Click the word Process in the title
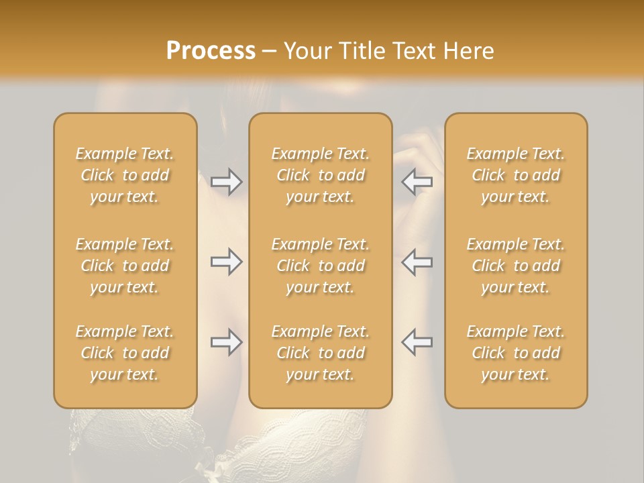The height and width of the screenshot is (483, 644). pyautogui.click(x=211, y=51)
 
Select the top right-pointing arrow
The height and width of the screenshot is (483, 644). pyautogui.click(x=226, y=182)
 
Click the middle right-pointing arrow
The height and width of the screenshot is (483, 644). pyautogui.click(x=226, y=262)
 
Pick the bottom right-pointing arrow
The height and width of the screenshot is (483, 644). pyautogui.click(x=226, y=342)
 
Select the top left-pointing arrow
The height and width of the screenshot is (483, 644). pyautogui.click(x=417, y=182)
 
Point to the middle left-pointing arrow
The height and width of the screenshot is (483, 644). pyautogui.click(x=417, y=262)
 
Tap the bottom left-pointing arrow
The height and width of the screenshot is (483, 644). pyautogui.click(x=417, y=342)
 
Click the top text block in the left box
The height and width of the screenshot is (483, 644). pyautogui.click(x=125, y=175)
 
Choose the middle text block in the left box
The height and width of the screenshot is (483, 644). pyautogui.click(x=125, y=266)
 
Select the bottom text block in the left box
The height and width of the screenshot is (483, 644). pyautogui.click(x=125, y=353)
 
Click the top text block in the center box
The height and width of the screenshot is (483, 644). pyautogui.click(x=320, y=175)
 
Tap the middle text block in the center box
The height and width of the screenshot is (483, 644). pyautogui.click(x=320, y=266)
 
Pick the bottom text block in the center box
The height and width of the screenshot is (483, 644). pyautogui.click(x=320, y=353)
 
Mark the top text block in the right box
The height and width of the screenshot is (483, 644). pyautogui.click(x=516, y=175)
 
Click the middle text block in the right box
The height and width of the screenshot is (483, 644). pyautogui.click(x=516, y=266)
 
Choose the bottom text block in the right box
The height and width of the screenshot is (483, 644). pyautogui.click(x=516, y=353)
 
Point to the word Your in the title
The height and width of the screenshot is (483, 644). pyautogui.click(x=307, y=51)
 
